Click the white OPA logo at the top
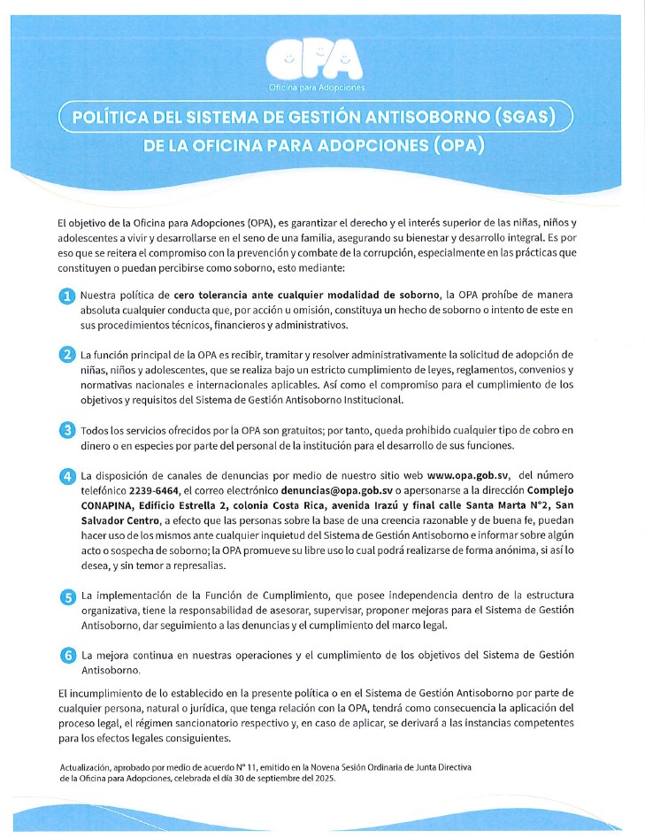coord(316,59)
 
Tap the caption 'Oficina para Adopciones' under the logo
coord(316,88)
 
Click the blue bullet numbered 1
coord(66,296)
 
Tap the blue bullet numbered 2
coord(66,356)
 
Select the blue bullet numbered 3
coord(66,430)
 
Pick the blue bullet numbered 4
coord(66,476)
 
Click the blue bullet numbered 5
coord(66,597)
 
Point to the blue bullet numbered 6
coord(66,656)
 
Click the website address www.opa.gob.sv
coord(468,475)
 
